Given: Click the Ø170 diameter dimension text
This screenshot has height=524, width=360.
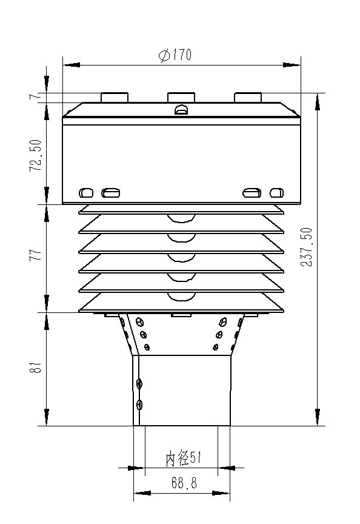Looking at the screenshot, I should (175, 56).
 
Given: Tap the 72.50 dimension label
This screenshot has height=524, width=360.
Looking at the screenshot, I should (36, 155).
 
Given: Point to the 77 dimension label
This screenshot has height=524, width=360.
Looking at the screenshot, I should (36, 255).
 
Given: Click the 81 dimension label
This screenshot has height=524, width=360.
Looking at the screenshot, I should (36, 368).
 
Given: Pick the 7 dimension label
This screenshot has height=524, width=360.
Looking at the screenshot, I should (36, 96).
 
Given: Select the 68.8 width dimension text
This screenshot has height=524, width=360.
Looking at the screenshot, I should (182, 483).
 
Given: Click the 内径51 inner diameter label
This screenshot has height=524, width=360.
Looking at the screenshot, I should (183, 459).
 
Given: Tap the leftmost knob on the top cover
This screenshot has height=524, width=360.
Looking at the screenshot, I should (115, 97).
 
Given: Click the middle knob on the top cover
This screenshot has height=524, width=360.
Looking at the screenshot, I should (181, 97).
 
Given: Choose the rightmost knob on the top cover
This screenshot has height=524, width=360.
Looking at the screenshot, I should (247, 97).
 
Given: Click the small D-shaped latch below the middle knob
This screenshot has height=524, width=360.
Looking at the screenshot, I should (181, 110).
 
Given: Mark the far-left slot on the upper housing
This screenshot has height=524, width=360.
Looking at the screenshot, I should (87, 193).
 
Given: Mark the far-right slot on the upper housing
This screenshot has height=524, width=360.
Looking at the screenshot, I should (276, 193).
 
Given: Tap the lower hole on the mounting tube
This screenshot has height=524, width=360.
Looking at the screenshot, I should (140, 405).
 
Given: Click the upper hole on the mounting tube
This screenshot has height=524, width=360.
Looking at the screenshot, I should (140, 383).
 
